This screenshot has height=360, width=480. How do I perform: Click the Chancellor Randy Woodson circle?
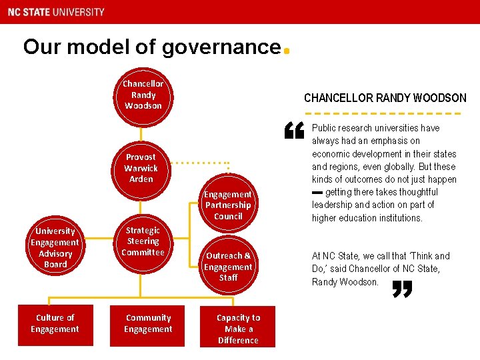point(142,96)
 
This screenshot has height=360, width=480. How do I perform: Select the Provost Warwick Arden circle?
point(141,169)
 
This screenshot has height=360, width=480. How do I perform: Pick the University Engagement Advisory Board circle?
point(55,247)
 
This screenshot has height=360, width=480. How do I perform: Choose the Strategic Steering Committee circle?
point(143,241)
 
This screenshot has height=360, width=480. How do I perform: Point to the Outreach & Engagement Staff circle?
point(228,266)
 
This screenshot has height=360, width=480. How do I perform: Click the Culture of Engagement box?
point(55,324)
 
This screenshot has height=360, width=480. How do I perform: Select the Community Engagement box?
point(148,324)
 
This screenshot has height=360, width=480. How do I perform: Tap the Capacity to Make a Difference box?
point(238,329)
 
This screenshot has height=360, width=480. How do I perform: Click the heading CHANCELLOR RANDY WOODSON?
point(385,98)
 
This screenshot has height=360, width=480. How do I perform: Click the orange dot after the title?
point(286,51)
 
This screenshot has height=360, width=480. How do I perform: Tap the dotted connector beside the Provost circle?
point(200,162)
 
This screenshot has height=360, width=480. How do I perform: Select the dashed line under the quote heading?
point(385,111)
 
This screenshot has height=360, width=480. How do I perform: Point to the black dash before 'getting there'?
point(317,192)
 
